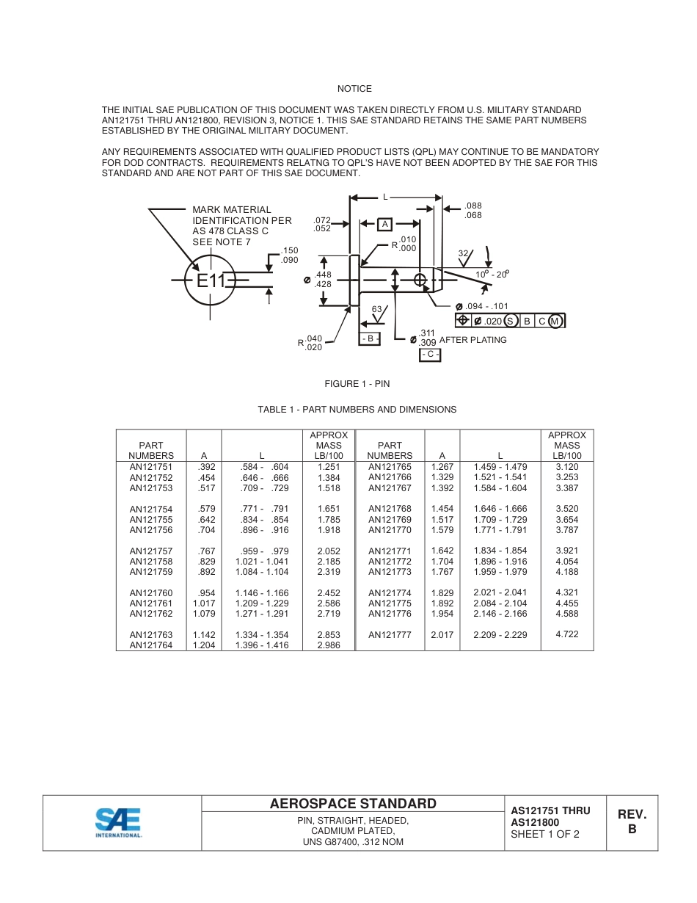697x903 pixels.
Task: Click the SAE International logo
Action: [x=118, y=822]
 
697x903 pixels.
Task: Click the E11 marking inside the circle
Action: [x=211, y=280]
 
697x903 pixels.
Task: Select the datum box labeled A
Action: [x=384, y=224]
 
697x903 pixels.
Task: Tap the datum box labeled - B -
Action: [x=369, y=338]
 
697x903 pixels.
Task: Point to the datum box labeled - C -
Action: [x=430, y=355]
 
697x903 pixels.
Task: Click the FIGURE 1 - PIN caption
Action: [x=357, y=384]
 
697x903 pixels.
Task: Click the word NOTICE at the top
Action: [x=354, y=89]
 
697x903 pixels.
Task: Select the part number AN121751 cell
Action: [x=151, y=467]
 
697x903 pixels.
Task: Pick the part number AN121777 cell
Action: [x=390, y=635]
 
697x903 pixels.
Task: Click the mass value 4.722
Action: [x=567, y=634]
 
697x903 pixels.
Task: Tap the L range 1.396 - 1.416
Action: [x=262, y=645]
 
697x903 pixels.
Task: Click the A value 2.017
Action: [x=442, y=635]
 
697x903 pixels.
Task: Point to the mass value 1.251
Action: [x=329, y=467]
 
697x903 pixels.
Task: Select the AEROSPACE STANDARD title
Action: [x=353, y=804]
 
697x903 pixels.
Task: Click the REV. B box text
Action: [x=632, y=822]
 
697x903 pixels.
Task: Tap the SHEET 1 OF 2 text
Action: [x=545, y=834]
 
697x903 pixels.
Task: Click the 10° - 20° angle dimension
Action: [x=492, y=274]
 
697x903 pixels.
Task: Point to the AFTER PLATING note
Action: [x=472, y=340]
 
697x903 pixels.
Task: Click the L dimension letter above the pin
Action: [x=385, y=197]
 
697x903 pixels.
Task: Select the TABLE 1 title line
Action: [x=357, y=410]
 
